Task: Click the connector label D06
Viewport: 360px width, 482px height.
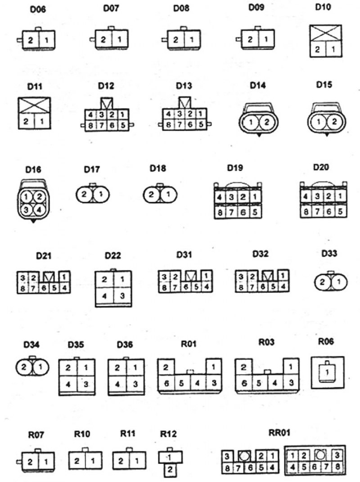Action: coord(38,9)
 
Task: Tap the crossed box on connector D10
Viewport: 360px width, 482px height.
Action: coord(326,33)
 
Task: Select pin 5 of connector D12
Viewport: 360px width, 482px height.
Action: coord(123,125)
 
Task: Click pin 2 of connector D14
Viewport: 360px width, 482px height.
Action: coord(266,122)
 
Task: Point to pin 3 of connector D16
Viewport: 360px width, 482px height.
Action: coord(26,210)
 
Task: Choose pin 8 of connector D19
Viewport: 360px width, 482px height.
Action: coord(220,212)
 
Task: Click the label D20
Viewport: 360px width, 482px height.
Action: coord(321,167)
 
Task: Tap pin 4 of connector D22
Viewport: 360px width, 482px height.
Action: coord(104,296)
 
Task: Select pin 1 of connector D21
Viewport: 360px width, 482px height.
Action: coord(64,277)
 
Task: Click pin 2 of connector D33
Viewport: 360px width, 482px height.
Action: coord(322,282)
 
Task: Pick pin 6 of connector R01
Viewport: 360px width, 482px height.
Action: coord(166,383)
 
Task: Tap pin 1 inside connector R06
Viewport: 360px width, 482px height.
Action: coord(327,372)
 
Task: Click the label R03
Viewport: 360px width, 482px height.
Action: coord(266,342)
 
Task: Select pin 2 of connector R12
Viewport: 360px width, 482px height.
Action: coord(170,470)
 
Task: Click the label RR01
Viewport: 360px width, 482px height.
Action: coord(279,432)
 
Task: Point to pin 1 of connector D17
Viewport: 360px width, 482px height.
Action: coord(101,194)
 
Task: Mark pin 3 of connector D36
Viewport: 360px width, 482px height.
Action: coord(135,384)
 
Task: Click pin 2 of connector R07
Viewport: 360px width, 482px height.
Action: coord(30,462)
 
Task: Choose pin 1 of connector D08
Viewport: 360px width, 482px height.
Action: coord(192,40)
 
